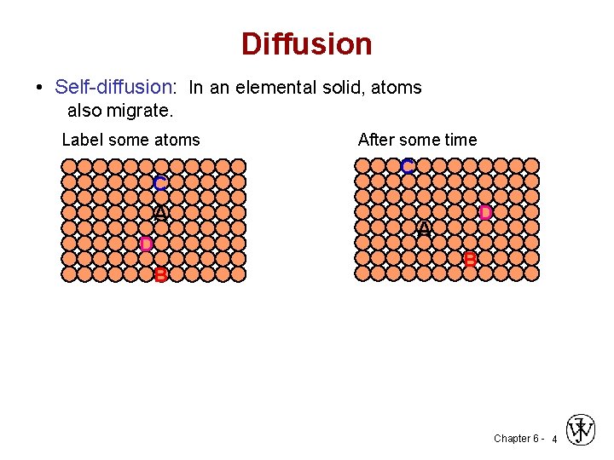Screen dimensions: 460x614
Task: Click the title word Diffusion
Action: click(x=306, y=43)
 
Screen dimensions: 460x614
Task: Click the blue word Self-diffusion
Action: click(x=113, y=87)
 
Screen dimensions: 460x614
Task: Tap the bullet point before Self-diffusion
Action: click(x=40, y=88)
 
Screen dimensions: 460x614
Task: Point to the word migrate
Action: click(x=141, y=111)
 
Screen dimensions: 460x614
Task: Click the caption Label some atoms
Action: click(x=130, y=140)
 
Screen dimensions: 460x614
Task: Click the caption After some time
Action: click(x=417, y=140)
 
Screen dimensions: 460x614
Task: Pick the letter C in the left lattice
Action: click(x=160, y=183)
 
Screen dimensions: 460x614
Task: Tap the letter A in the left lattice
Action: click(x=160, y=213)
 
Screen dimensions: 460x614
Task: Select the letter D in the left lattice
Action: click(x=146, y=244)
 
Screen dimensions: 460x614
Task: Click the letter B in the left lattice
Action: click(x=160, y=274)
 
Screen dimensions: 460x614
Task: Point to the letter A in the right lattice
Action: click(x=424, y=229)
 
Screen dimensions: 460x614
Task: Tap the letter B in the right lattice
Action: click(x=470, y=260)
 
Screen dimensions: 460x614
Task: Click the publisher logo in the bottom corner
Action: click(x=582, y=430)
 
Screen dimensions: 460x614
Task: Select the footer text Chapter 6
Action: click(x=516, y=439)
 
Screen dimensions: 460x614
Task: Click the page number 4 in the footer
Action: click(x=554, y=440)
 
